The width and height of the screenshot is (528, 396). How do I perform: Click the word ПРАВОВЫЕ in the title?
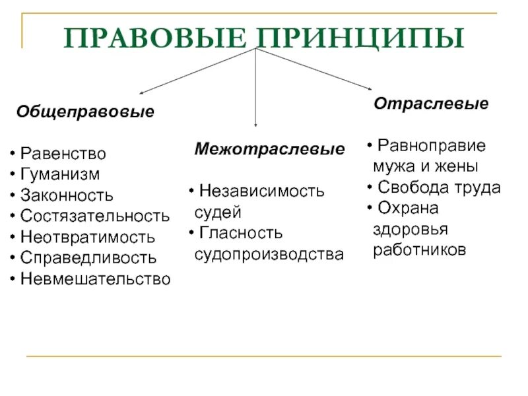(154, 38)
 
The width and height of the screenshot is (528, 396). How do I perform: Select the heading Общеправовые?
(85, 112)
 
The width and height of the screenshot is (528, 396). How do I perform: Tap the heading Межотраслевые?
(269, 149)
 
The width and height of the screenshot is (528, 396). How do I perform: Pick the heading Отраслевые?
(431, 104)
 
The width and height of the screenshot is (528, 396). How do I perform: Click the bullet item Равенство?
(63, 154)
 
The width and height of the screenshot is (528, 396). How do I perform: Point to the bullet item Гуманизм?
(60, 174)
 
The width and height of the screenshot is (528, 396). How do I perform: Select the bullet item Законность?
(67, 195)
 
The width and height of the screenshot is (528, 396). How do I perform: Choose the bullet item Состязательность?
(94, 216)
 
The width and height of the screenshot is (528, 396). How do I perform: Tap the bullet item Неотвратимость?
(88, 237)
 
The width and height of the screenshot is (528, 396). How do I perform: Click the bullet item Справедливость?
(88, 257)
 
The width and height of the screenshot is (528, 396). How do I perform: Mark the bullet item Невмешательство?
(95, 279)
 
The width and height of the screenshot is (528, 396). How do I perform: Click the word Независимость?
(262, 191)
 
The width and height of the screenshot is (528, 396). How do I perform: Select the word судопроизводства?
(269, 254)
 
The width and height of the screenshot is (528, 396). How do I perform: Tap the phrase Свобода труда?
(439, 187)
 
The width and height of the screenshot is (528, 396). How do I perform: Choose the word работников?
(420, 250)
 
